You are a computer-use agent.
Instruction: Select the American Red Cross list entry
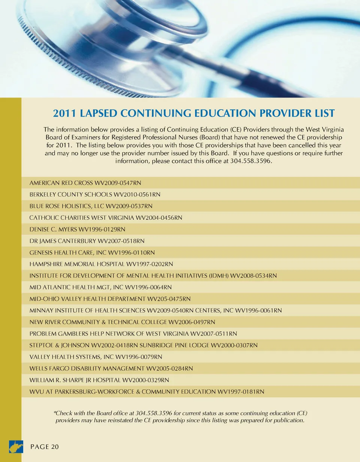[85, 183]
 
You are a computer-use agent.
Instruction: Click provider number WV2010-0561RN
[137, 194]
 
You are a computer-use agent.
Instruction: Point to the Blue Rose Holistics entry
[91, 206]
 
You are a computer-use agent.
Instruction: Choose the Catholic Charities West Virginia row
[106, 218]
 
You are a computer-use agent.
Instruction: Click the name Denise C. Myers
[52, 229]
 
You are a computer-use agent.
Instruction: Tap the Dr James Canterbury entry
[87, 241]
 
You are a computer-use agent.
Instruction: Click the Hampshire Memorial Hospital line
[101, 264]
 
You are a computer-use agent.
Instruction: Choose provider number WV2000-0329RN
[145, 380]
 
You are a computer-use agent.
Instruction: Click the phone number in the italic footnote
[154, 413]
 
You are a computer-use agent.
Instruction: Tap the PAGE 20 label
[45, 447]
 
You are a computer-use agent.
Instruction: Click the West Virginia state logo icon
[16, 447]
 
